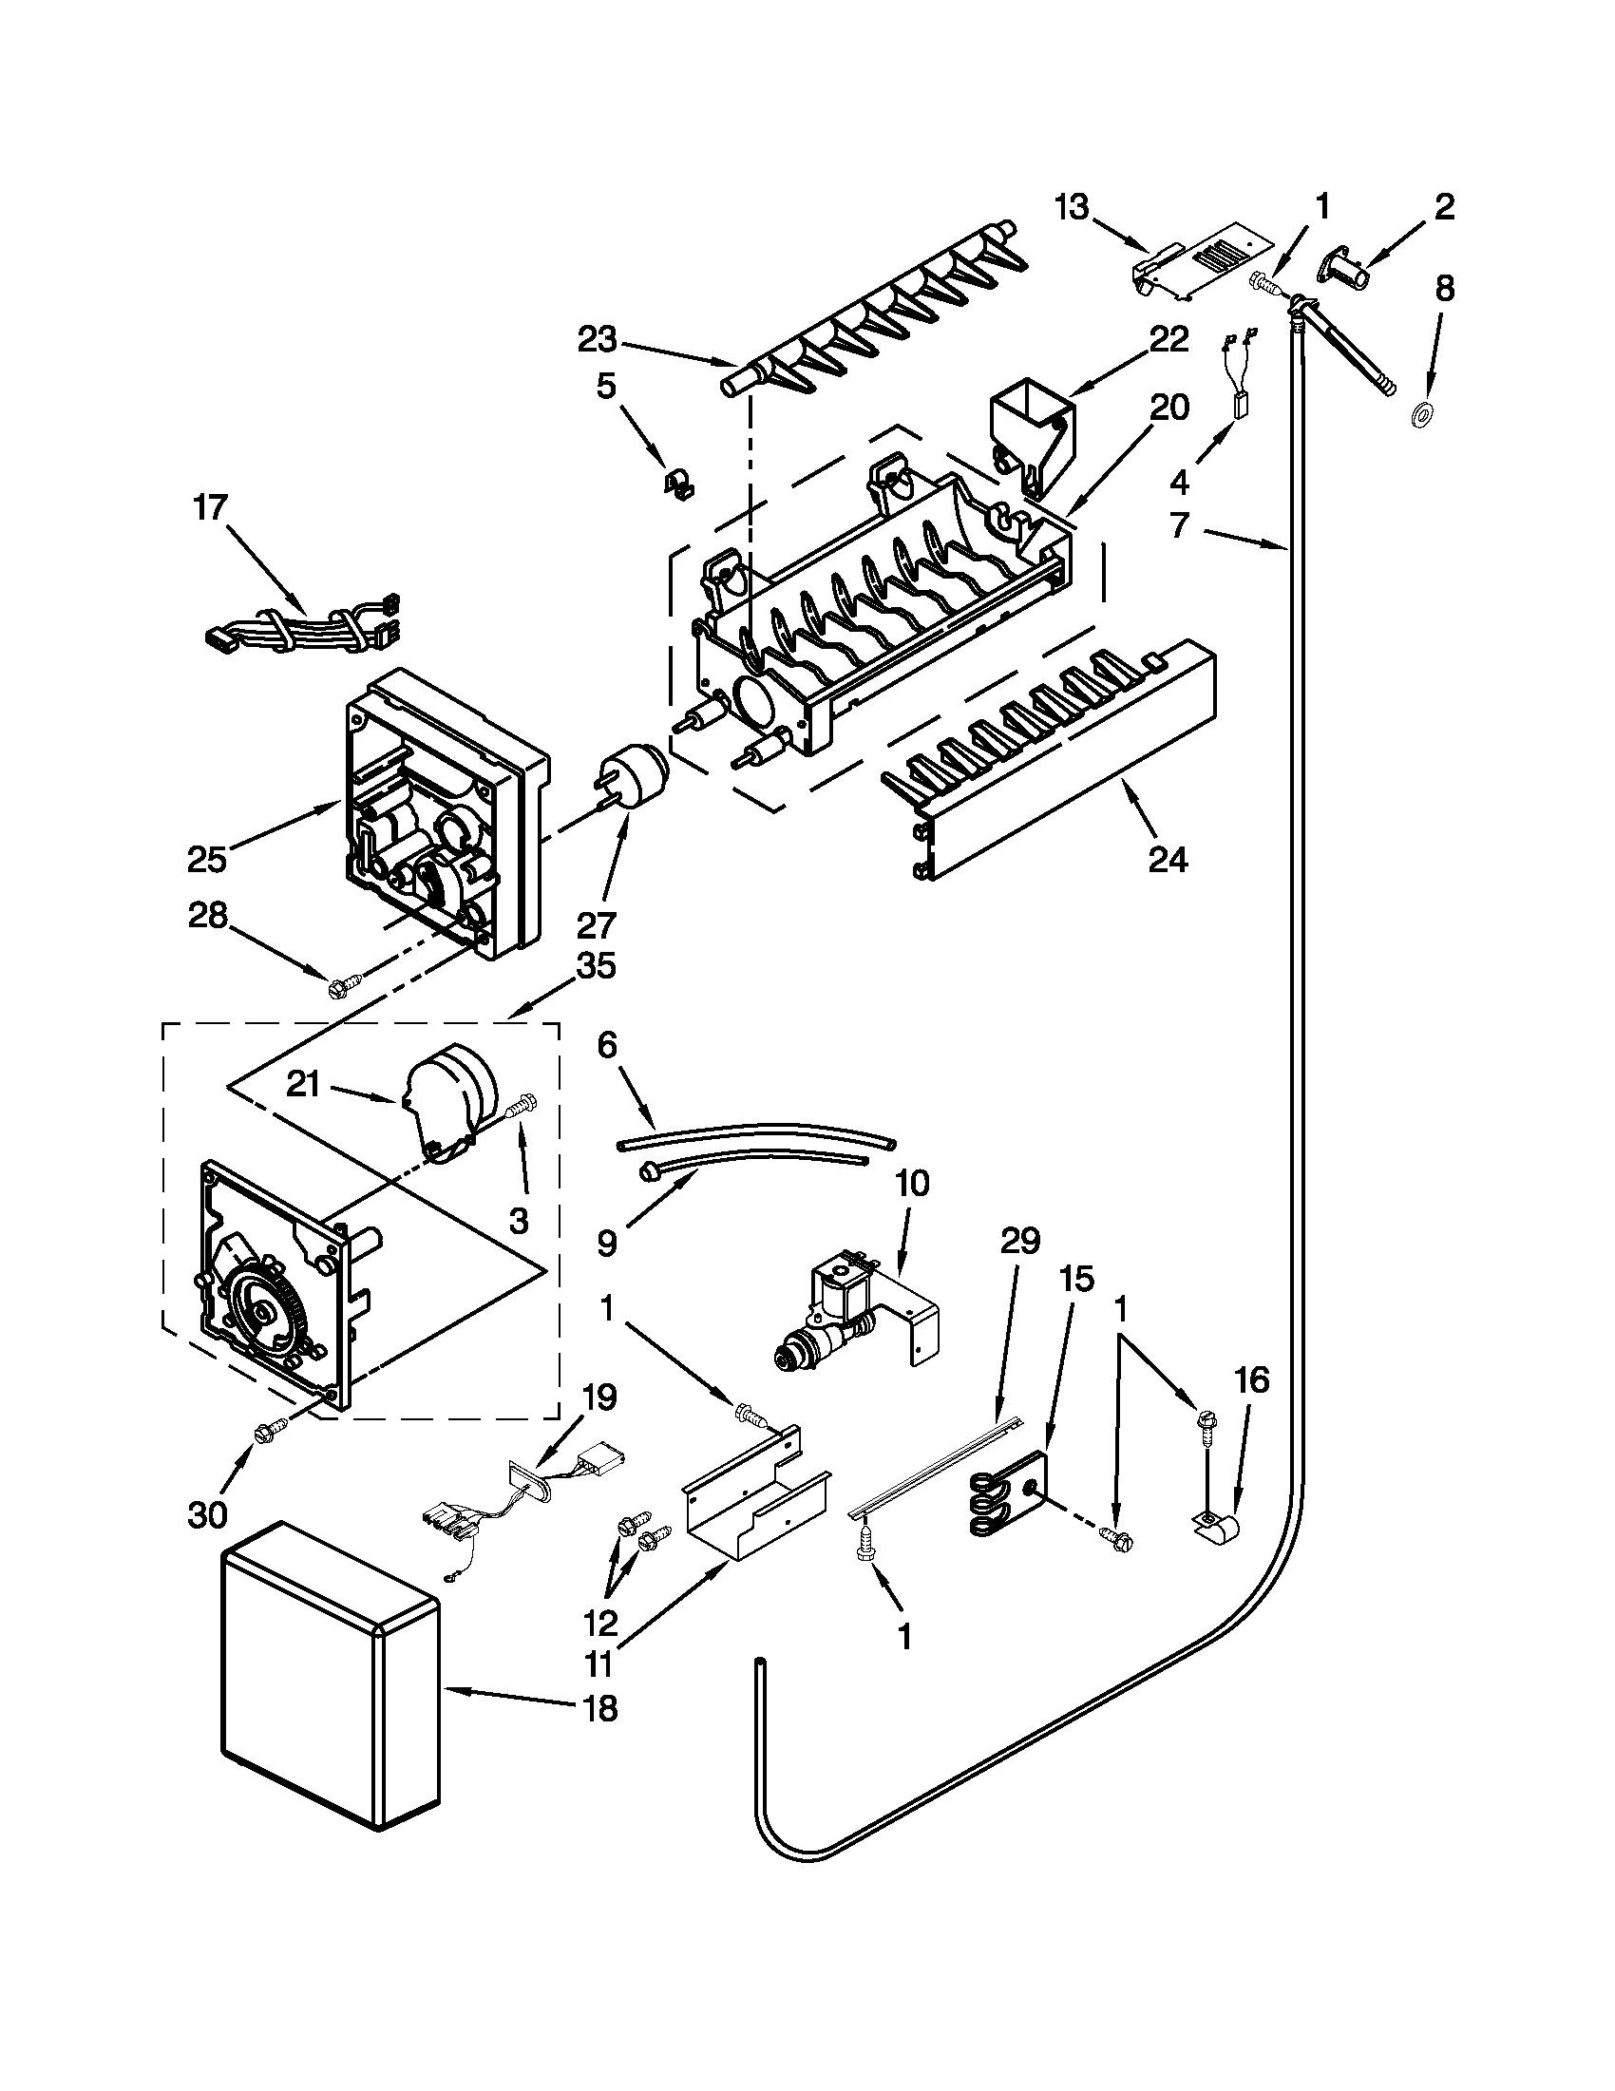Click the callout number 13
click(x=1072, y=207)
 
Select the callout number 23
click(x=598, y=339)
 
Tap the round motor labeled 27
click(x=631, y=776)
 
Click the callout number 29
click(x=1020, y=1242)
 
